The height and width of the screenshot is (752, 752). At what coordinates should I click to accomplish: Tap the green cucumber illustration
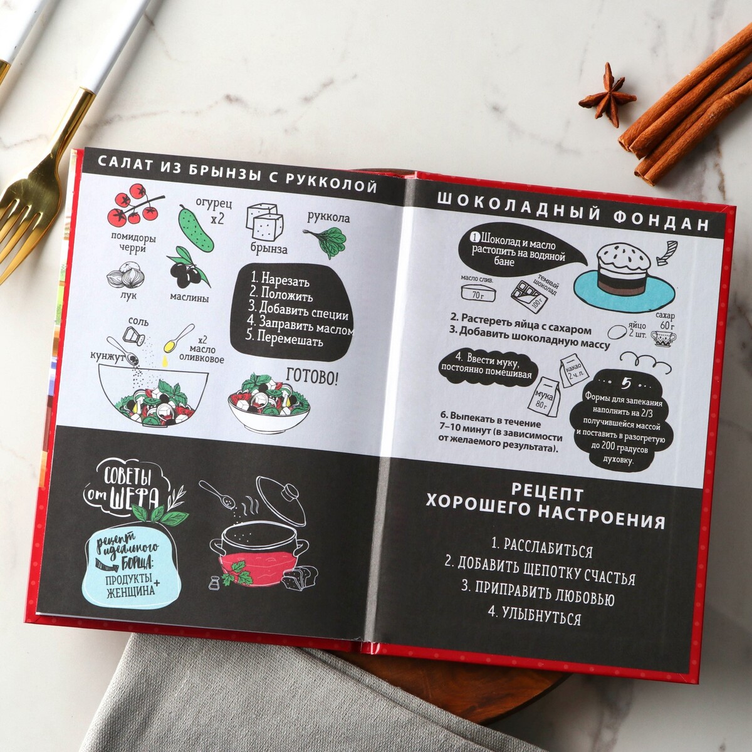point(196,228)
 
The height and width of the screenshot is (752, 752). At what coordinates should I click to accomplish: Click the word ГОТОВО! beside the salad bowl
point(312,377)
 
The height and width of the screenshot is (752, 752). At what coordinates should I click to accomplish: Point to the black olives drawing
point(187,267)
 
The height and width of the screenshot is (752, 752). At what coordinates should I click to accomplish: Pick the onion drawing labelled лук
point(126,275)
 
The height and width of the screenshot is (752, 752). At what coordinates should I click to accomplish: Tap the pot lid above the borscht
point(281,498)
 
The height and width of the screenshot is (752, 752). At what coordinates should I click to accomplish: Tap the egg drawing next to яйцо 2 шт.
point(617,332)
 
